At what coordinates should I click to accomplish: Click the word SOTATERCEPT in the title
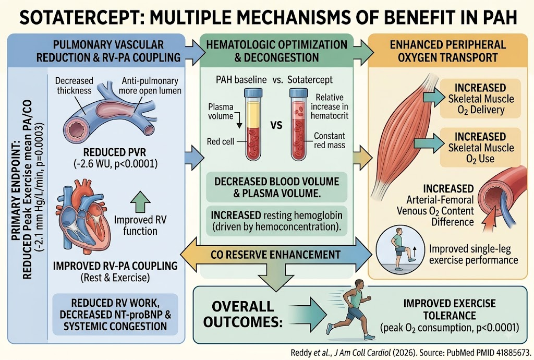pos(79,18)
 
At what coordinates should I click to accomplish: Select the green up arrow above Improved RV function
pos(140,201)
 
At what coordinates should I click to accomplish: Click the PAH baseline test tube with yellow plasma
pos(253,124)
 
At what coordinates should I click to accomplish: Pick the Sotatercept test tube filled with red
pos(298,124)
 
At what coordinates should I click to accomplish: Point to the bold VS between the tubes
pos(276,125)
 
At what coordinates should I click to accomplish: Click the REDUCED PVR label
pos(115,152)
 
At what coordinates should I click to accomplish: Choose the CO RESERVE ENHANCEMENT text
pos(275,255)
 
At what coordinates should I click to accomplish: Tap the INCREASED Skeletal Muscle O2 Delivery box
pos(480,99)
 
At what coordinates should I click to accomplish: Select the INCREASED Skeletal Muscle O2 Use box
pos(480,148)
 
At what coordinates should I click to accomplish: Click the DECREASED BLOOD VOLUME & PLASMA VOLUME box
pos(276,187)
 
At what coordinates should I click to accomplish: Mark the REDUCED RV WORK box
pos(115,315)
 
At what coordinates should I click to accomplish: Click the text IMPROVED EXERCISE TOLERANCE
pos(450,309)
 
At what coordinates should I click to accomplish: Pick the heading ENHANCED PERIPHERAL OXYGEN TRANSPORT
pos(447,51)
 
